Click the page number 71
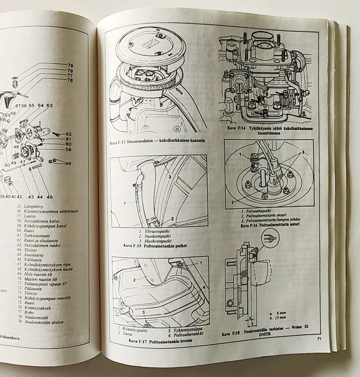(319, 338)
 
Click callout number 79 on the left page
(70, 65)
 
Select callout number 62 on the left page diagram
(68, 134)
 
